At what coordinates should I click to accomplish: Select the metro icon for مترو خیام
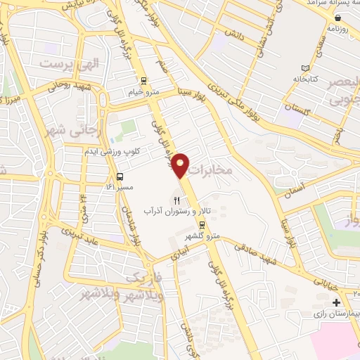point(143,80)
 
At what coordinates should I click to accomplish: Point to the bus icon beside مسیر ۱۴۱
point(120,176)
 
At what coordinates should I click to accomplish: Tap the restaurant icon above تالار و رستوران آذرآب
point(167,201)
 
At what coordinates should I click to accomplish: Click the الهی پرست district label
point(70,64)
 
